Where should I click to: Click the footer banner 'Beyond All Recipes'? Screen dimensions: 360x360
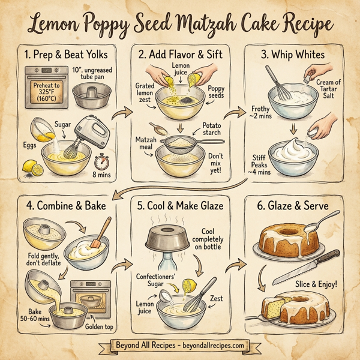tap(180, 346)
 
